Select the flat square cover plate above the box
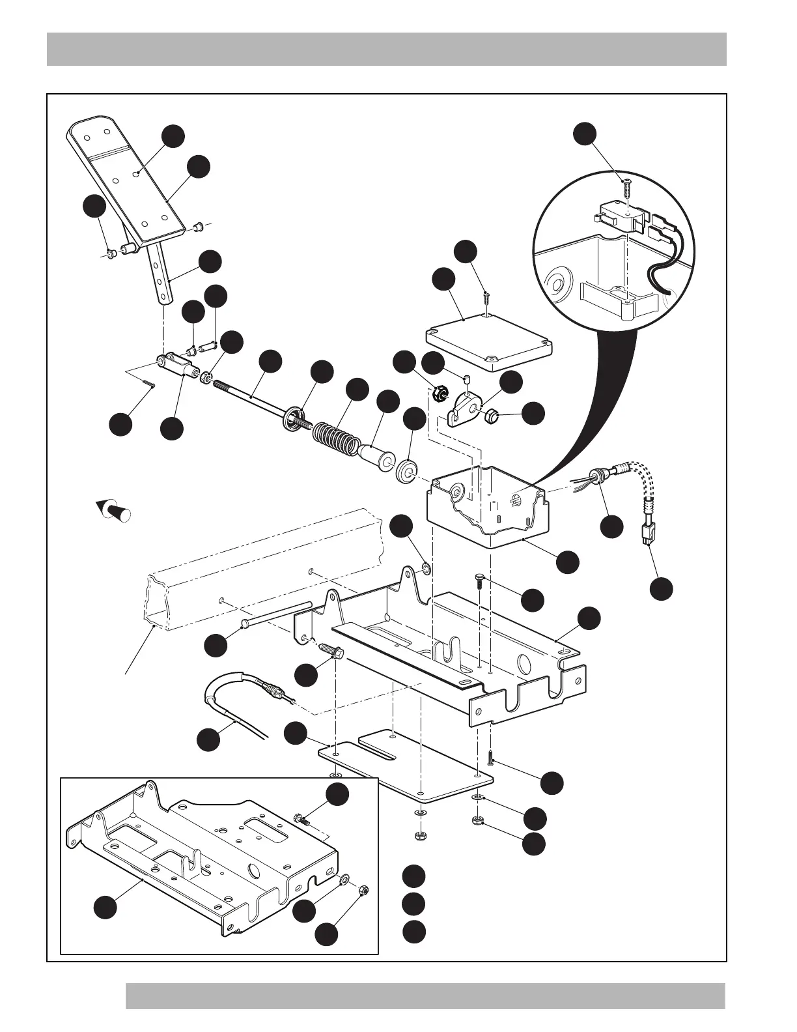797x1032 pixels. coord(488,339)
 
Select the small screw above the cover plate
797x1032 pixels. coord(486,299)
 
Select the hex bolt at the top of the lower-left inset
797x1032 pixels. coord(300,818)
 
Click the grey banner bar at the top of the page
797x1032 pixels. coord(386,49)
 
